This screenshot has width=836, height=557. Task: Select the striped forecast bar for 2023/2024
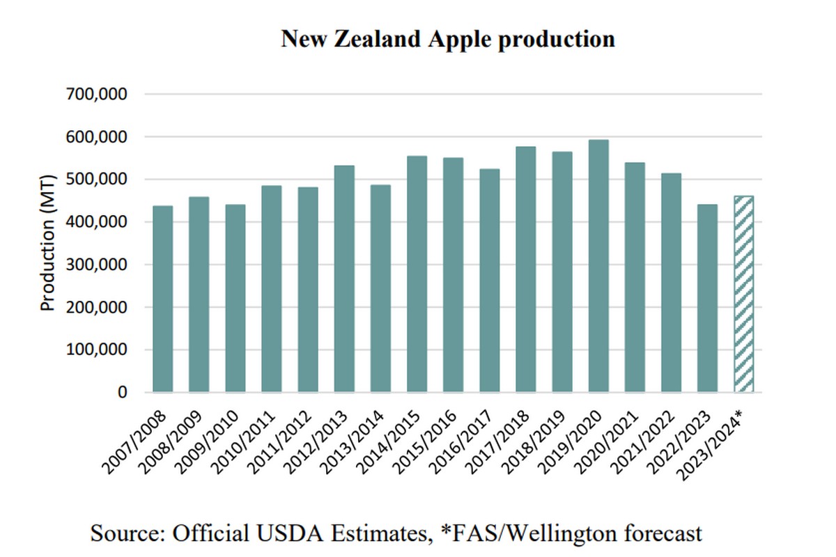click(743, 295)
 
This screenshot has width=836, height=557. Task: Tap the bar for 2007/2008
click(163, 299)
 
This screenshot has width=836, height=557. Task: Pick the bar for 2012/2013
click(344, 278)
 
